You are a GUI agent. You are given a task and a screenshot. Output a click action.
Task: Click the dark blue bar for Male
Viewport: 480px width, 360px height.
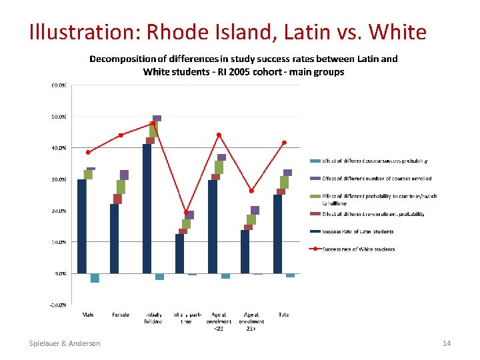[x=82, y=226]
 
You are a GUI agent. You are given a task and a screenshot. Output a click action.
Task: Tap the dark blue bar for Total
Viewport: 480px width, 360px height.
[x=278, y=233]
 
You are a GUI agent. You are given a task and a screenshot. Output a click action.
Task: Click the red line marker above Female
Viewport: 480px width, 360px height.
[x=121, y=135]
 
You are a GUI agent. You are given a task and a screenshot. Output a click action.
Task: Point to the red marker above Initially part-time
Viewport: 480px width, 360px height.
[x=186, y=212]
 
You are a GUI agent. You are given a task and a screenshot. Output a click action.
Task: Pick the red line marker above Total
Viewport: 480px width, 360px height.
[x=285, y=142]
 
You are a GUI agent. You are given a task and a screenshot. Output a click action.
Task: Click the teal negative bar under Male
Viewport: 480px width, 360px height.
[x=95, y=278]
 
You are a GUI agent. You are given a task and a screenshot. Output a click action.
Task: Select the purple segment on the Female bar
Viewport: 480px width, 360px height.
[x=124, y=175]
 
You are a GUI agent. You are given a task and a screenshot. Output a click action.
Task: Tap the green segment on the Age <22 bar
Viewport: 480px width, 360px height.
[x=219, y=167]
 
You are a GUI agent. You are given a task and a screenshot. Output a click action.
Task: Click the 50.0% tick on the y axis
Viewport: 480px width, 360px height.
[x=59, y=117]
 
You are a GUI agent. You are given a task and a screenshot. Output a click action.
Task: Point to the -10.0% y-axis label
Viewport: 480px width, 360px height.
[x=58, y=305]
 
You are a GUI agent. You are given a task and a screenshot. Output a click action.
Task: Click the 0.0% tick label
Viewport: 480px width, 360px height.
[x=60, y=273]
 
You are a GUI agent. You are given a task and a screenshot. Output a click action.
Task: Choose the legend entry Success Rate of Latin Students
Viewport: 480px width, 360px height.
[x=357, y=231]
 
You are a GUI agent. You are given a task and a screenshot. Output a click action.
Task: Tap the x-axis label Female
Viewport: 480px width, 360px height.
[x=121, y=315]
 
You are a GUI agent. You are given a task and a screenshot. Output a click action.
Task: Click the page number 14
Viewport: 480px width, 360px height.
[x=447, y=343]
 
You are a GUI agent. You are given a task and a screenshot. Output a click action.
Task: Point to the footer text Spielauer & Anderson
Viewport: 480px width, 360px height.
[x=65, y=343]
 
